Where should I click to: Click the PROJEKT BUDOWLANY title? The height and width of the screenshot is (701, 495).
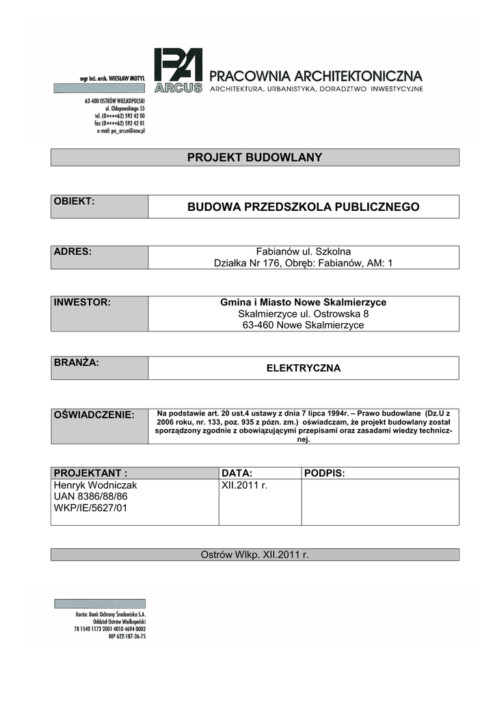coord(254,157)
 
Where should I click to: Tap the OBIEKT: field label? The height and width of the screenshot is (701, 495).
coord(74,201)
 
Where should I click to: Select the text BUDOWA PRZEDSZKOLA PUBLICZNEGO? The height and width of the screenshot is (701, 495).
coord(304,207)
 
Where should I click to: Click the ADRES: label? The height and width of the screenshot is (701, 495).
coord(72,252)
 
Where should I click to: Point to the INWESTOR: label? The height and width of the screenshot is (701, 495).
coord(82,302)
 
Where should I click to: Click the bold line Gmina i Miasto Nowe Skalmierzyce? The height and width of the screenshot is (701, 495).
coord(303,302)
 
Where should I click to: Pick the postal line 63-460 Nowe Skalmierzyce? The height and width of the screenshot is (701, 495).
coord(303,325)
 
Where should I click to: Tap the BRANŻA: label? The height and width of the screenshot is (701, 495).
coord(77,363)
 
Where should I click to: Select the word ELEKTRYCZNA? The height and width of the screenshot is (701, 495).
coord(303,368)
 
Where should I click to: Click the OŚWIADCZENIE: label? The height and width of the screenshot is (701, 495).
coord(94,416)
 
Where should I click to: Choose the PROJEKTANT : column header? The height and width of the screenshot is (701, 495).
coord(90,473)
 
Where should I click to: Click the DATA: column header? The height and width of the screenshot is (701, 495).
coord(237,473)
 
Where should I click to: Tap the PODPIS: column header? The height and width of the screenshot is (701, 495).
coord(324,473)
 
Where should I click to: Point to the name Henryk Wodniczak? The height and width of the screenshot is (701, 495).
coord(95,485)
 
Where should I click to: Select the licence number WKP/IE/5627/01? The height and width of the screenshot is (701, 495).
coord(90,508)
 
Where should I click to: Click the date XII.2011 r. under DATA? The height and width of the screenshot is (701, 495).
coord(244,485)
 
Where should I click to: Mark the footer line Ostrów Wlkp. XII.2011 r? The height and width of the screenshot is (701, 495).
coord(254,555)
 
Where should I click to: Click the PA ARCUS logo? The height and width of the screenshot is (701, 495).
coord(178,70)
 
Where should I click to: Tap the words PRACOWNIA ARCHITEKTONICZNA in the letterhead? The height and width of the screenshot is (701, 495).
coord(315,75)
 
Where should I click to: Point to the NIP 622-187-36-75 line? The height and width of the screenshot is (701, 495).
coord(127,637)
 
